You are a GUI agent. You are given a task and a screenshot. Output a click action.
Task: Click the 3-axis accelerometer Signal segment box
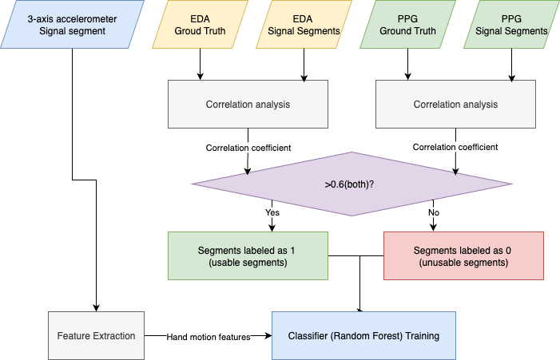(72, 25)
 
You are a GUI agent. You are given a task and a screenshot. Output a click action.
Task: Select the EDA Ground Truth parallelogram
(200, 25)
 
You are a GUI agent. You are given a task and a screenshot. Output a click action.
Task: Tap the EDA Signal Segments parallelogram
(303, 25)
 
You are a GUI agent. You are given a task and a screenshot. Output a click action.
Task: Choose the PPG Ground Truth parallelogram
(408, 25)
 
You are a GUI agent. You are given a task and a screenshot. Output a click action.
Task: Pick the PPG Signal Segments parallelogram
(511, 25)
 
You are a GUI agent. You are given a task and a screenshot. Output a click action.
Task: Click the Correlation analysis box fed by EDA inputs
(248, 105)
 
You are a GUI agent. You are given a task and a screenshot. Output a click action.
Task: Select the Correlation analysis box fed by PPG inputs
(455, 105)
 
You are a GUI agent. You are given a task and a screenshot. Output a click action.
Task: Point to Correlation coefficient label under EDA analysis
(248, 148)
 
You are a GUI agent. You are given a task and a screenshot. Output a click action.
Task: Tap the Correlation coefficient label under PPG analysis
(455, 147)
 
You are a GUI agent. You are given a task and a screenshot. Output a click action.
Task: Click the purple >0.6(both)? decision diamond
(351, 184)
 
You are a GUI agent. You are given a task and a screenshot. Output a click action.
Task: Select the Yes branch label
(272, 213)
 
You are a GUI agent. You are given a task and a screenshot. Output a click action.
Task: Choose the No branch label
(433, 213)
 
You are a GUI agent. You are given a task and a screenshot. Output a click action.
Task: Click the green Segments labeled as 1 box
(248, 256)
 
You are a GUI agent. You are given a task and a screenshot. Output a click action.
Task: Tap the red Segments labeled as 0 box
(463, 256)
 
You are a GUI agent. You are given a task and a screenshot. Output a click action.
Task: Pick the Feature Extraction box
(96, 336)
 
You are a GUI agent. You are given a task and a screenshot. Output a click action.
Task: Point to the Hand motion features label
(209, 337)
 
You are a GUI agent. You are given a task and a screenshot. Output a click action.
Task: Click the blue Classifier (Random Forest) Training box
(363, 336)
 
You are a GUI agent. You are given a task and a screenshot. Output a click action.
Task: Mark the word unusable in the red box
(445, 263)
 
